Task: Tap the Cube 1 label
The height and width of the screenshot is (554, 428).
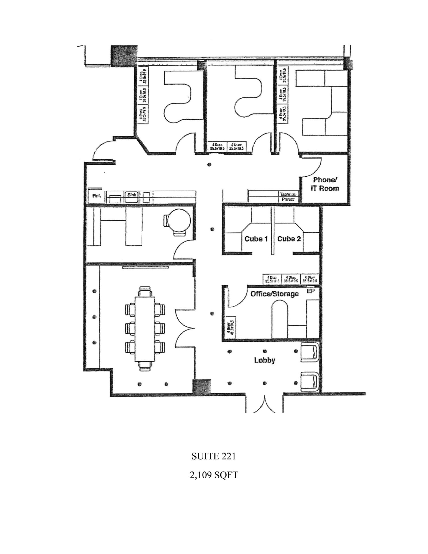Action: point(256,239)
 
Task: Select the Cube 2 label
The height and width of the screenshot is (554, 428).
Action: point(289,239)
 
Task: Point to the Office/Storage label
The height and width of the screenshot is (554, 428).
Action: point(274,294)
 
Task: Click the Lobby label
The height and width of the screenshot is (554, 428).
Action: point(264,360)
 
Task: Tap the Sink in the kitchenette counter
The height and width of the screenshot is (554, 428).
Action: point(132,194)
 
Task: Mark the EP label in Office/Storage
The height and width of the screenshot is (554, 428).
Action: point(311,291)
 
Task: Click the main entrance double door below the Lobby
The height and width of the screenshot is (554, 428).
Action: point(264,404)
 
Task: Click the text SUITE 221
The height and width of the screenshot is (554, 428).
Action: point(214,456)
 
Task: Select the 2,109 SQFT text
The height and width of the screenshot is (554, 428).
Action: point(214,475)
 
